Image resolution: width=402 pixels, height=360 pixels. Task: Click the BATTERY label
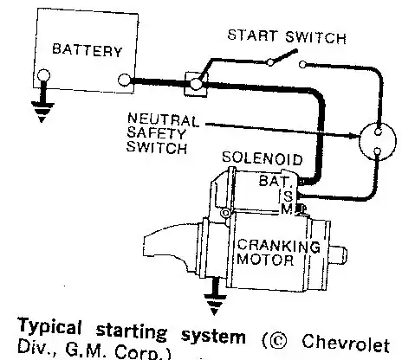click(87, 50)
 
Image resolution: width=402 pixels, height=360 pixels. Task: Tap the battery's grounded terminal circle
click(43, 75)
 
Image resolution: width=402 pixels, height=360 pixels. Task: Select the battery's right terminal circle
click(125, 80)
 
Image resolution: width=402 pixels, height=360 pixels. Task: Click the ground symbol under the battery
click(42, 112)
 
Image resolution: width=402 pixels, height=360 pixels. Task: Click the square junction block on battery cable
click(196, 84)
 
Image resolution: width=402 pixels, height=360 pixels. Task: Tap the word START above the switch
click(251, 35)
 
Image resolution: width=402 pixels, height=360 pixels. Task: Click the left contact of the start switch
click(270, 62)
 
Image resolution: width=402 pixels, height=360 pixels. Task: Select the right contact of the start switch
click(302, 64)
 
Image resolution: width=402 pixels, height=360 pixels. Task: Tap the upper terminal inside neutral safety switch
click(378, 132)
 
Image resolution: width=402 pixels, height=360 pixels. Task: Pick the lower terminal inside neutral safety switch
click(377, 151)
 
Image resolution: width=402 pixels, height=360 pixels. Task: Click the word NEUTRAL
click(163, 120)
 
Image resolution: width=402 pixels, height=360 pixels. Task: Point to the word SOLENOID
click(263, 158)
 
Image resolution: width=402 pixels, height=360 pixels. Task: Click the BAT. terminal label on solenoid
click(275, 181)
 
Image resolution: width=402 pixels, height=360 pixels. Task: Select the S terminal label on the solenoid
click(288, 196)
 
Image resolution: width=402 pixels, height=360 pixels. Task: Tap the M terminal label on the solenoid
click(287, 209)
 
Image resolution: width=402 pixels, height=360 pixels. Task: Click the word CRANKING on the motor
click(279, 247)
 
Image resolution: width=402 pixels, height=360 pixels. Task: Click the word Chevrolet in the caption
click(346, 343)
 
